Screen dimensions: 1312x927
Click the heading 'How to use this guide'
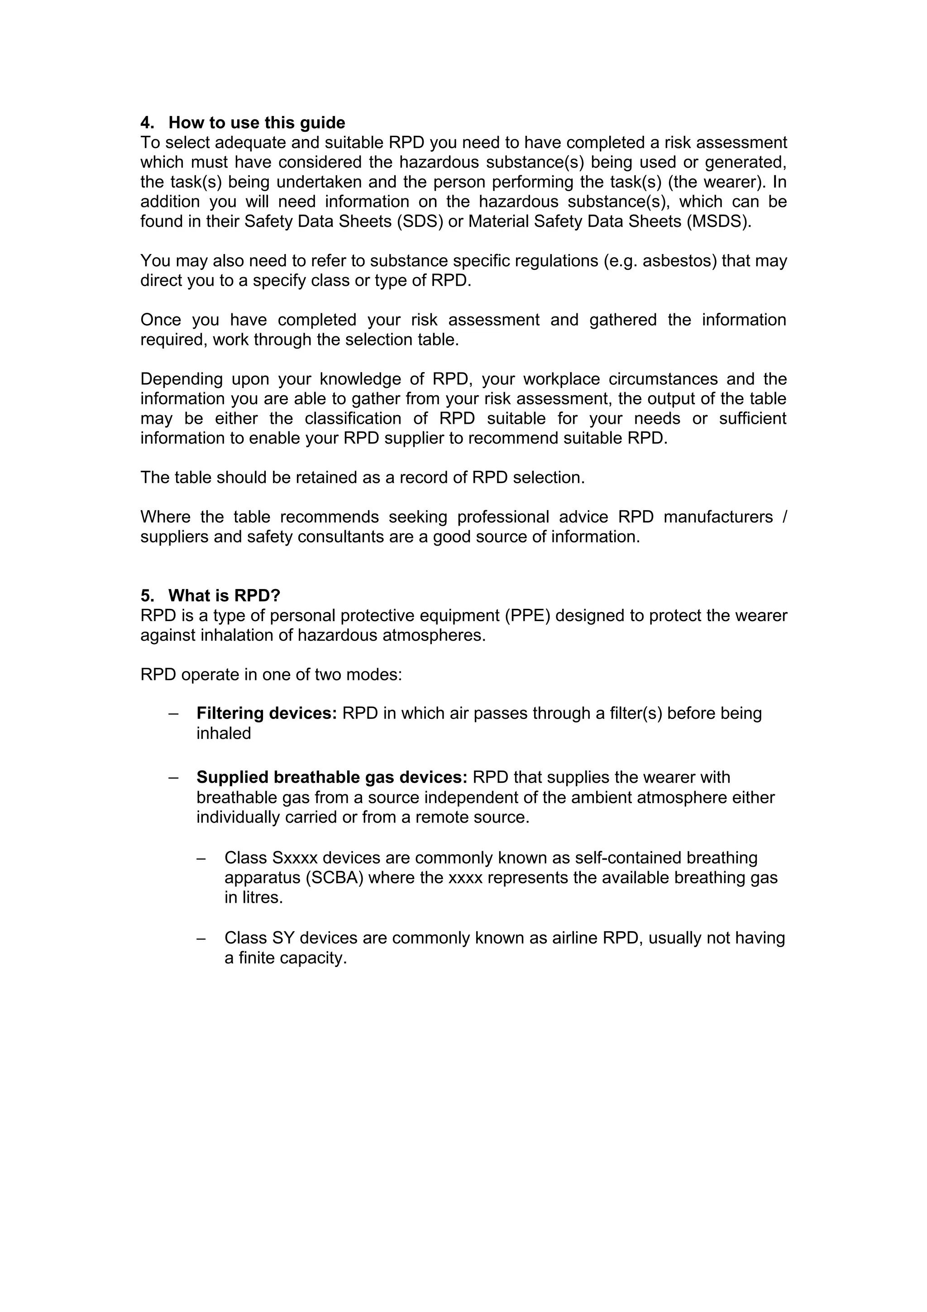pos(257,123)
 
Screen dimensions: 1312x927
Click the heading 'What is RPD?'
pos(224,596)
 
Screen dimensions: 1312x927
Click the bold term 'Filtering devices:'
pos(267,713)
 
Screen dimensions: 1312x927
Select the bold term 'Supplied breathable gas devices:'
pos(332,778)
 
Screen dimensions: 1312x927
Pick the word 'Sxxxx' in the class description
pos(295,858)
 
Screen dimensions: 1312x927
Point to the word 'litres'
pos(260,898)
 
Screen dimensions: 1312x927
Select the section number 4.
pos(147,123)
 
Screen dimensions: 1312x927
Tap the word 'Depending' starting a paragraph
pos(181,379)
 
